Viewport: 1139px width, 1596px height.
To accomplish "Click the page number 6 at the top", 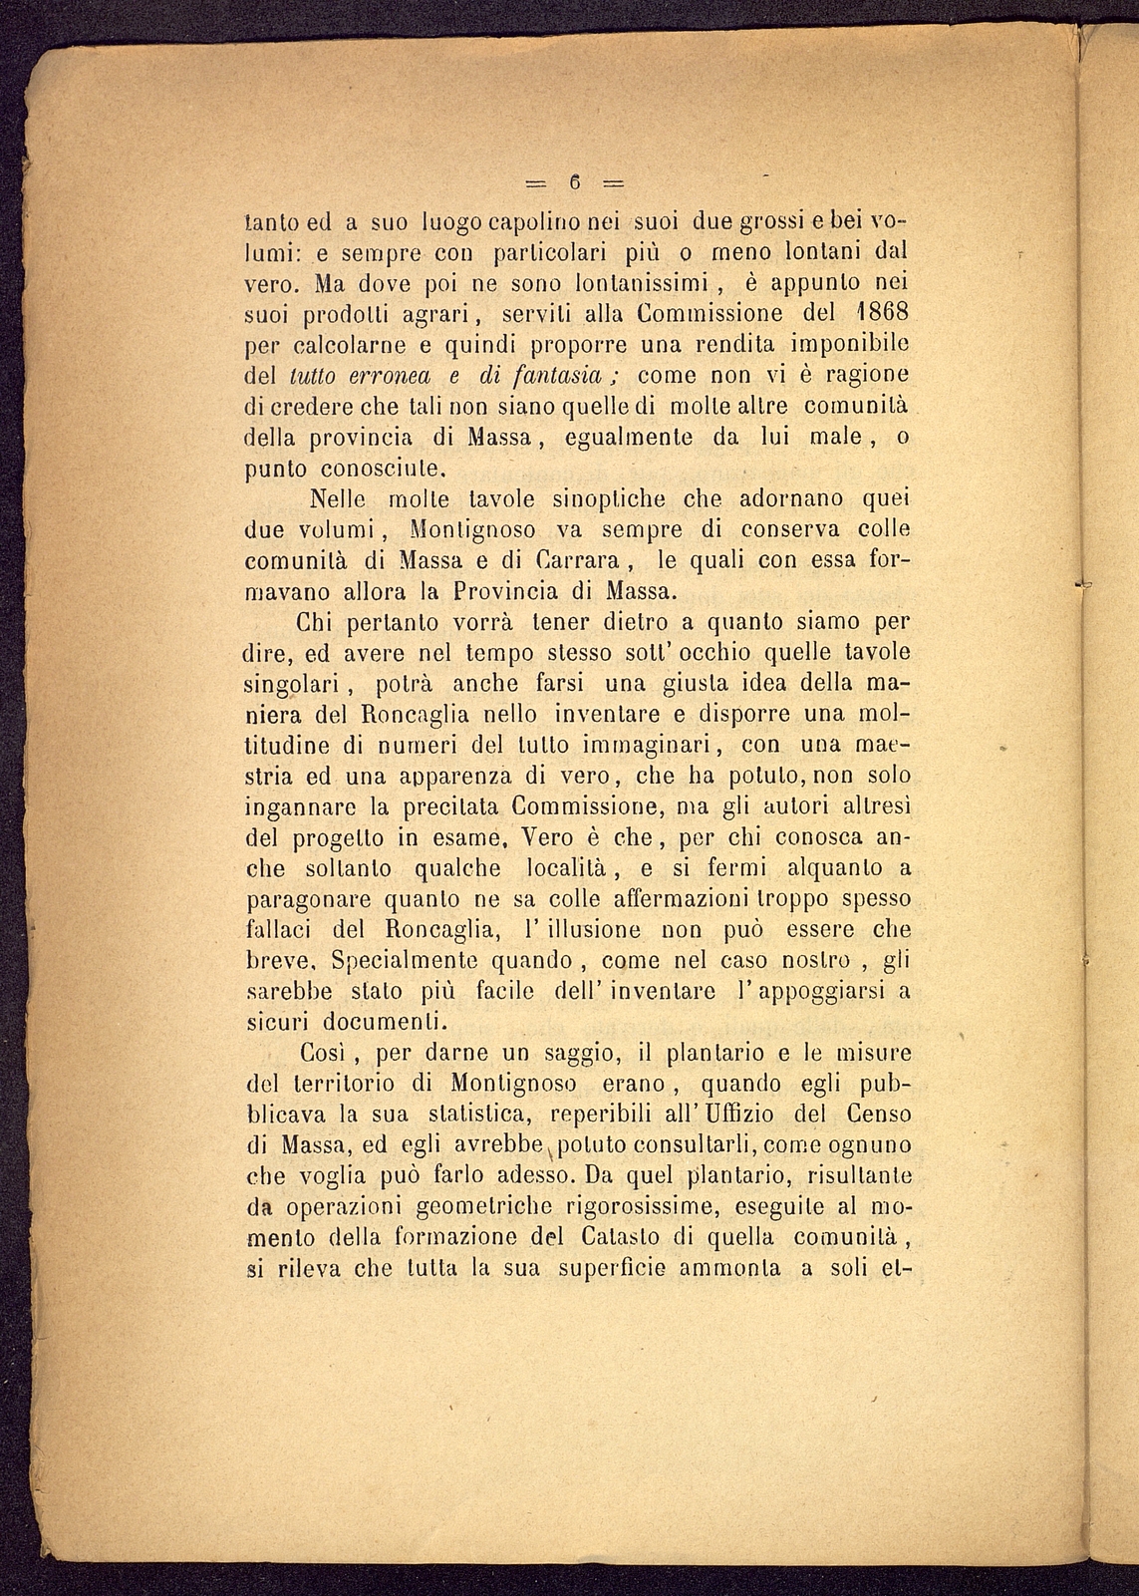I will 575,182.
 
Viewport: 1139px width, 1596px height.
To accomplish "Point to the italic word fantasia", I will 560,377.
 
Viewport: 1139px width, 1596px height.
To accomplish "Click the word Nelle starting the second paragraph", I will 341,496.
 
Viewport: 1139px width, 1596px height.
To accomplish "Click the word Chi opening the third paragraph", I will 319,622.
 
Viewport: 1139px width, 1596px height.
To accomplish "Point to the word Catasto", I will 619,1238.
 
